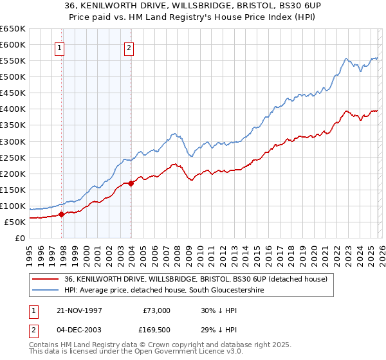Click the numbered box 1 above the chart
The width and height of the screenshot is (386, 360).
point(59,47)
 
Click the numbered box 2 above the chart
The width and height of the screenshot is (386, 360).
point(129,47)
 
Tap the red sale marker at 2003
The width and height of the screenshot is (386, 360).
point(131,183)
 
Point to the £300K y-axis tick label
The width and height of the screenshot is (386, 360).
point(13,141)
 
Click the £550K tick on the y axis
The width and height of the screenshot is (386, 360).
point(13,61)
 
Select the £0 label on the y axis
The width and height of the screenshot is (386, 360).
point(19,238)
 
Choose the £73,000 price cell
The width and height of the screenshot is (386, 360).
point(156,310)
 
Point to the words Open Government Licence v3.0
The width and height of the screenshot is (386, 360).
point(172,352)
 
